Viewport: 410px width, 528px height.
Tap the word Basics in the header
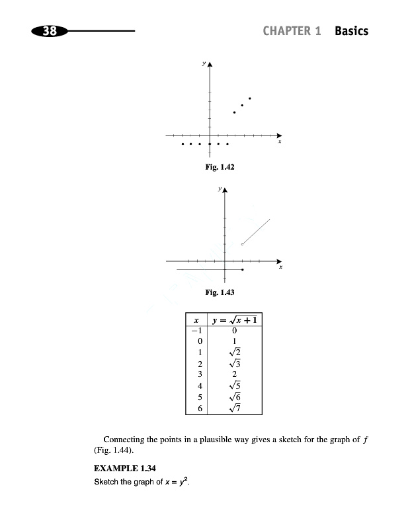click(x=351, y=31)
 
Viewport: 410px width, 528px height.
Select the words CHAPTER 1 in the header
click(x=292, y=31)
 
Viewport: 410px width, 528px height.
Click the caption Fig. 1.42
click(x=221, y=168)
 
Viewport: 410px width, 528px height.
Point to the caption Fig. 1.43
click(x=221, y=292)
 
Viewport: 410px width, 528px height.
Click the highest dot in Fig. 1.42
click(x=250, y=98)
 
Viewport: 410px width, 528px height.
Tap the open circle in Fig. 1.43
click(x=243, y=245)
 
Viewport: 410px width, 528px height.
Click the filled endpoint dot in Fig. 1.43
click(x=243, y=270)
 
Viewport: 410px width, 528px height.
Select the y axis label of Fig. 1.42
click(x=204, y=64)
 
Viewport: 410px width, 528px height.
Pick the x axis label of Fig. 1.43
click(x=281, y=267)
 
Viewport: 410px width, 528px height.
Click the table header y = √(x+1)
click(x=235, y=321)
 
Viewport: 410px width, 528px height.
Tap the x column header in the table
click(x=196, y=321)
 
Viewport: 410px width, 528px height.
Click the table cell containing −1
click(x=196, y=331)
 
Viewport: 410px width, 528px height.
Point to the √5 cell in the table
click(x=235, y=385)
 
